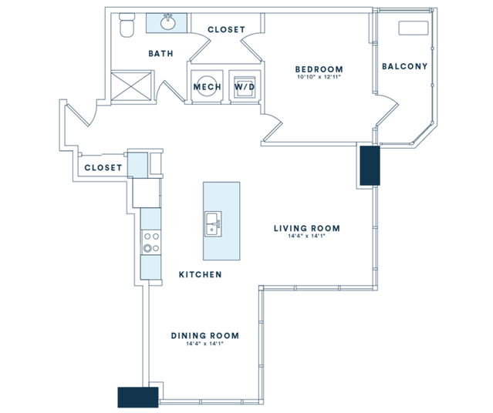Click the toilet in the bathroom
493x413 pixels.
tap(127, 25)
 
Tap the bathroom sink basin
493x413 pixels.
tap(168, 22)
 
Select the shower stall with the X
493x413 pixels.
tap(131, 86)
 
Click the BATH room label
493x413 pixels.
tap(160, 54)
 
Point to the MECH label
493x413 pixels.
tap(208, 86)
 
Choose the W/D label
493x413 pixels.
tap(245, 86)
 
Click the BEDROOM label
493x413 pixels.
tap(319, 69)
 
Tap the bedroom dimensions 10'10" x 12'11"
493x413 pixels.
tap(319, 77)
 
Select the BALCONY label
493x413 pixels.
tap(404, 66)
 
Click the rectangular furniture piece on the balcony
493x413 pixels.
tap(414, 28)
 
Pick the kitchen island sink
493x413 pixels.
tap(213, 224)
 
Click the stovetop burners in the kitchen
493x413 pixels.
tap(150, 242)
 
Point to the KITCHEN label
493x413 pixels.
tap(201, 275)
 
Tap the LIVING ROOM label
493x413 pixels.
tap(307, 228)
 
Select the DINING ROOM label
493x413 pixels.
tap(205, 336)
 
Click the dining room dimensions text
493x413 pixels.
tap(205, 344)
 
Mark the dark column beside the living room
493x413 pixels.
tap(370, 166)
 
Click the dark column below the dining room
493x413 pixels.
tap(137, 398)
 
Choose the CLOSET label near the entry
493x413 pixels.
tap(103, 168)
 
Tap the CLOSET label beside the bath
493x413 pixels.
tap(226, 29)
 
